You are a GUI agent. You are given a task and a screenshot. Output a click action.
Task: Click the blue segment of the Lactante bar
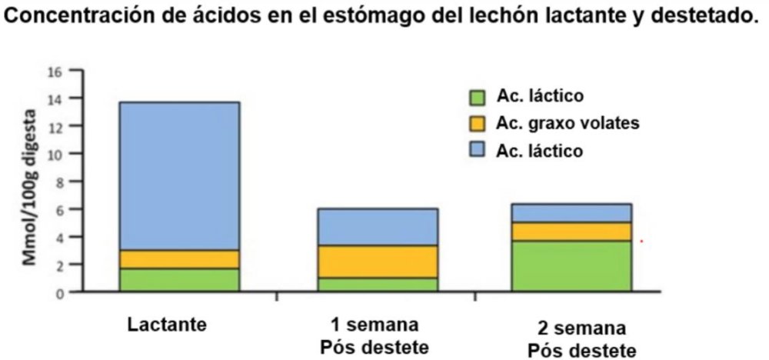point(179,175)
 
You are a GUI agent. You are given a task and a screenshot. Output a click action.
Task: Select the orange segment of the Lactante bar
point(179,259)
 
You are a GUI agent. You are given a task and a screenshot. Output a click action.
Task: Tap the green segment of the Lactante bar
point(179,280)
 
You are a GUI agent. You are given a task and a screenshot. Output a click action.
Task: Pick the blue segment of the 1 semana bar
point(378,227)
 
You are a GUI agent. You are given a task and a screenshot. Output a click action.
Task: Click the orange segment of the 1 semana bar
point(378,262)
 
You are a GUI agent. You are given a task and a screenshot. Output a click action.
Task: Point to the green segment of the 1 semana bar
point(378,285)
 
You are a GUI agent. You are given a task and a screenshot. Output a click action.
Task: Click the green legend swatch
point(478,97)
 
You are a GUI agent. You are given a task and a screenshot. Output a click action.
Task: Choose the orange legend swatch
point(478,123)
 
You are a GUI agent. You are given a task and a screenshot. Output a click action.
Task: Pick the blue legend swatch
point(478,150)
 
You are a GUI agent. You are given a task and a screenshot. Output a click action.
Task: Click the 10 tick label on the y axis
point(54,154)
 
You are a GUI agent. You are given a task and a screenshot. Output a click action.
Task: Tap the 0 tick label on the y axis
point(56,292)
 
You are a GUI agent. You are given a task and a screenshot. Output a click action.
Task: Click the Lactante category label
point(167,324)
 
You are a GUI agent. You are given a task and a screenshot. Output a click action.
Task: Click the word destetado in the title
point(704,18)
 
